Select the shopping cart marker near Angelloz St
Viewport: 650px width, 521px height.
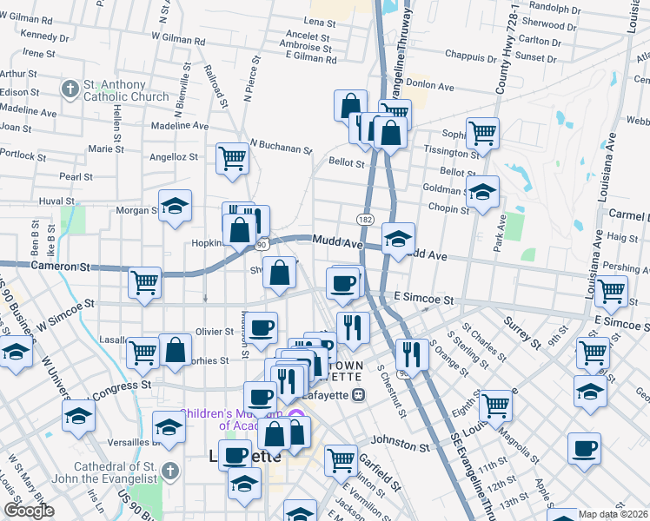[x=233, y=159]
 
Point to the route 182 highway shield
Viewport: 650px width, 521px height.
[x=366, y=221]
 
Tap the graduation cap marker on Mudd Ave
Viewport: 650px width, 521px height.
[x=398, y=239]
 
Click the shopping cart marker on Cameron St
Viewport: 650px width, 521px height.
[x=144, y=282]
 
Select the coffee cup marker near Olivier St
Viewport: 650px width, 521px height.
[x=262, y=328]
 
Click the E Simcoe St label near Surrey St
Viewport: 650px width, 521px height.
[x=426, y=300]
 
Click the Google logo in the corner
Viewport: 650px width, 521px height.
[x=29, y=511]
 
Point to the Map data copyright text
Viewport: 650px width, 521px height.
[x=614, y=514]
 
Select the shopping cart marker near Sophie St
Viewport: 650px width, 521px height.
[x=482, y=134]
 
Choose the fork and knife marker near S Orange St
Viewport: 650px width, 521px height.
[x=412, y=353]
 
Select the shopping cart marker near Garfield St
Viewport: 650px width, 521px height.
[x=342, y=458]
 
